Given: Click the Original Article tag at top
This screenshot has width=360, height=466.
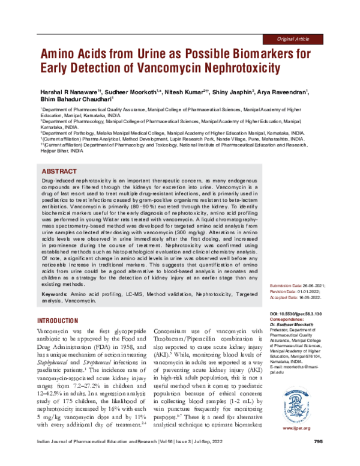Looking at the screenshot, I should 293,38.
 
